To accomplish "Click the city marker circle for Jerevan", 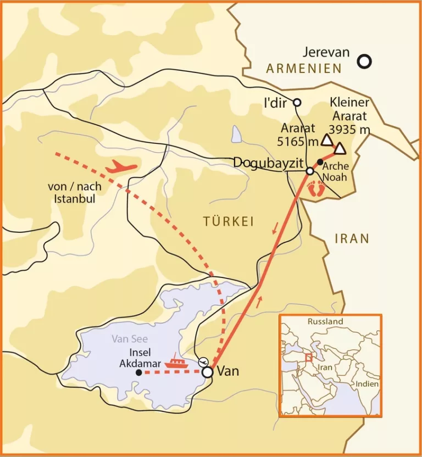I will click(364, 62).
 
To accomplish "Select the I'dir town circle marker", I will click(297, 102).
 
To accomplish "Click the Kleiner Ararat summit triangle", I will click(340, 148).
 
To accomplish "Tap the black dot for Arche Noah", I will click(320, 162).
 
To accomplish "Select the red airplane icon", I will click(121, 166).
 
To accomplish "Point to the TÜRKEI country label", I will click(229, 221).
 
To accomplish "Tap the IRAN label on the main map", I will click(352, 238).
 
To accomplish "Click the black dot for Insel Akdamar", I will click(138, 372).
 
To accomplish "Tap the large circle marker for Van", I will click(208, 372).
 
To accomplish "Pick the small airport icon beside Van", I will click(203, 361).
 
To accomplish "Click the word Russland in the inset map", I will click(325, 321).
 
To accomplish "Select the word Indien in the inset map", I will click(367, 384).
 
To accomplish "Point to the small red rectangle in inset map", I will click(309, 356).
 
